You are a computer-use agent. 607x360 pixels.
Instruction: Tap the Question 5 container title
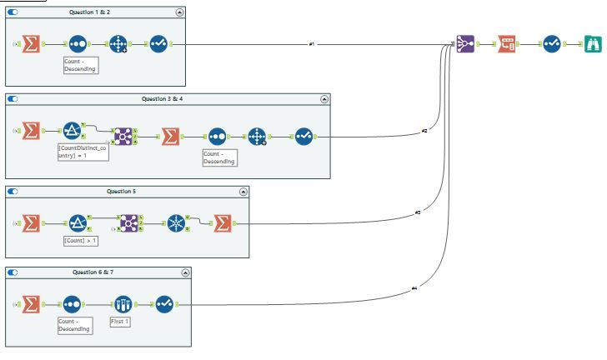point(123,191)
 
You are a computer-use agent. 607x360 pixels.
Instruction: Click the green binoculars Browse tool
point(591,43)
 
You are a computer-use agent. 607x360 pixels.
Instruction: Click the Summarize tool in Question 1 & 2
point(31,44)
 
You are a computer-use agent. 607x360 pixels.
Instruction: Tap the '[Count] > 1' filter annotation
point(82,240)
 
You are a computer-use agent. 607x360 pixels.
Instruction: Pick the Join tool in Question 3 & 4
point(123,135)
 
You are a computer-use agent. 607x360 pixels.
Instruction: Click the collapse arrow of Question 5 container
point(243,192)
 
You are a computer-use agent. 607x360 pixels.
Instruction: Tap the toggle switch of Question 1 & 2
point(13,12)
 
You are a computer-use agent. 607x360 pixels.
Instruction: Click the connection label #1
point(312,43)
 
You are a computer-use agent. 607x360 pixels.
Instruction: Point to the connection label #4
point(414,288)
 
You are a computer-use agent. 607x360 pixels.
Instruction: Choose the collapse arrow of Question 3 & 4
point(324,99)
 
